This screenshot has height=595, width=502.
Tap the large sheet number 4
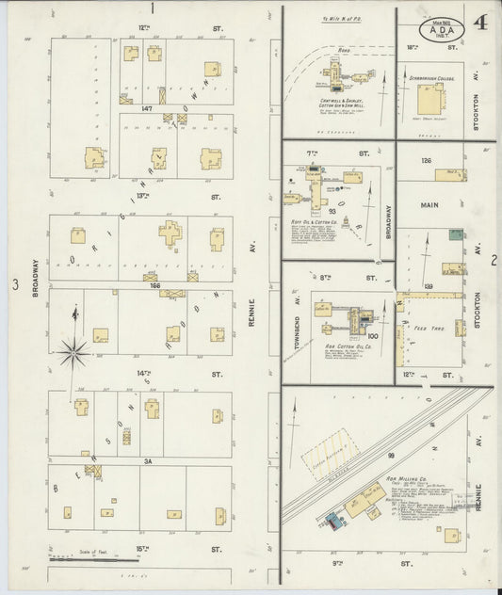point(480,23)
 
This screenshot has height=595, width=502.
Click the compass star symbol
point(73,354)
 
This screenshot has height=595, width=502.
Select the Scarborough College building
point(430,99)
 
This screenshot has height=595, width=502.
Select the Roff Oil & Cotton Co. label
point(310,221)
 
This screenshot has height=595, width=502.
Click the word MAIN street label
point(430,204)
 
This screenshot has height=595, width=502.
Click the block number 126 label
point(427,161)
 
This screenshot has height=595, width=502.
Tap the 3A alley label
point(147,460)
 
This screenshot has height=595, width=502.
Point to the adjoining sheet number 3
point(13,284)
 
